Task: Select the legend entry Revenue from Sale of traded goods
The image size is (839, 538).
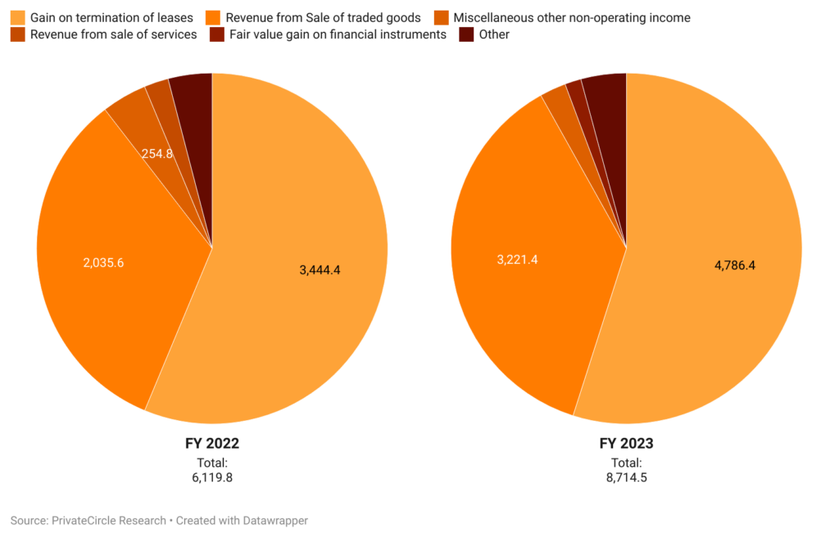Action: click(x=323, y=17)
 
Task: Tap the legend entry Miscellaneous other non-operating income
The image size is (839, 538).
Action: click(x=571, y=17)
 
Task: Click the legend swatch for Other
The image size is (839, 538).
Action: click(x=466, y=34)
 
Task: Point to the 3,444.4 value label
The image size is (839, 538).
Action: click(x=320, y=269)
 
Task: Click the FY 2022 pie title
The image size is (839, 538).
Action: click(x=211, y=444)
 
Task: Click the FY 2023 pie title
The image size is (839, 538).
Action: click(x=626, y=444)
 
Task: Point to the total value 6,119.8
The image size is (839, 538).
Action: click(x=211, y=477)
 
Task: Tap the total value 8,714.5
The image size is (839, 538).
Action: click(x=626, y=477)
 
